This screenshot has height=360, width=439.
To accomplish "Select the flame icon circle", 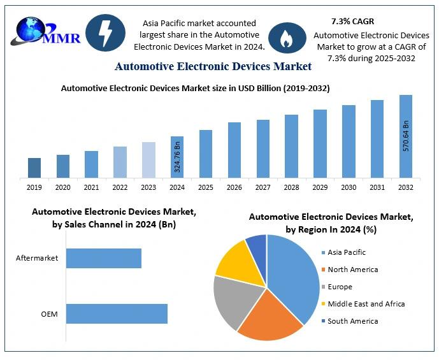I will [x=287, y=38].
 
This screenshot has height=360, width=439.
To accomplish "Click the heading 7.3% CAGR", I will [x=352, y=22].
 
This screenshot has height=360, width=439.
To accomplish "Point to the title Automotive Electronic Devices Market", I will [x=213, y=66].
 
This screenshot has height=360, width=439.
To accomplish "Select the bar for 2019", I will [x=34, y=168].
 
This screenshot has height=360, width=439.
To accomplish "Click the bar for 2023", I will [x=148, y=159].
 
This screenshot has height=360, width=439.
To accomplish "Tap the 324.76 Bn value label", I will [x=178, y=159].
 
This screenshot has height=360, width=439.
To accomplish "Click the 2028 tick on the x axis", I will [x=291, y=187].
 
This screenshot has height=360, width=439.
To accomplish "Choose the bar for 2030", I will [x=349, y=141].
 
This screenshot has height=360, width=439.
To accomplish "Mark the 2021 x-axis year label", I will [x=91, y=187].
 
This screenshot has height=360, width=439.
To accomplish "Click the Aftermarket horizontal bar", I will [x=103, y=258].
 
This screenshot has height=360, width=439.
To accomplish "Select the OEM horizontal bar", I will [x=117, y=313].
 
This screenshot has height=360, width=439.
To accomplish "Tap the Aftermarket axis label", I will [x=37, y=258].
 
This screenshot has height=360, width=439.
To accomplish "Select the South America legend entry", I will [x=352, y=321].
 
